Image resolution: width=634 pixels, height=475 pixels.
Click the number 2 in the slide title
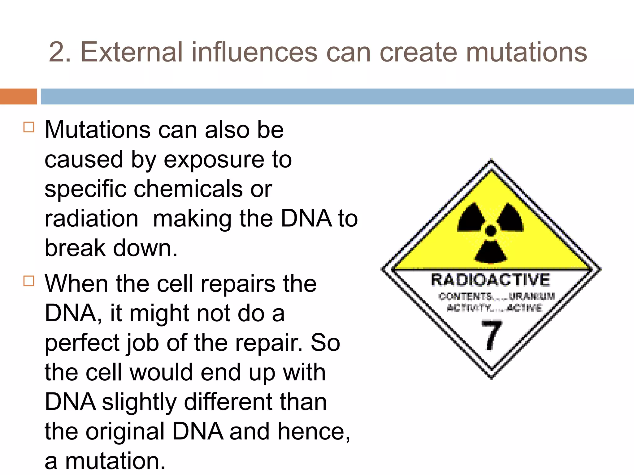click(56, 52)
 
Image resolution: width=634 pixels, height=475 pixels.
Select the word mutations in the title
click(526, 52)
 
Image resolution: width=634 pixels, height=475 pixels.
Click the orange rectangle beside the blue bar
click(18, 96)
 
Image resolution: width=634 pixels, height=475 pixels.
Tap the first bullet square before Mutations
click(29, 127)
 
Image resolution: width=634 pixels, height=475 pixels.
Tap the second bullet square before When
click(29, 281)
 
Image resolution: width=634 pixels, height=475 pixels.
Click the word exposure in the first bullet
click(214, 160)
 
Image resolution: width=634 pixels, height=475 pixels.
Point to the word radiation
click(91, 219)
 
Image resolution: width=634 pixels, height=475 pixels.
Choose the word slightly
click(139, 403)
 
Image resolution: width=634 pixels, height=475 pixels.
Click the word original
click(125, 432)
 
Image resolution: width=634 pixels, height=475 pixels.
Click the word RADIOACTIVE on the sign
click(490, 280)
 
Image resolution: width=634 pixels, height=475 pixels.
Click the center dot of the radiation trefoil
click(491, 230)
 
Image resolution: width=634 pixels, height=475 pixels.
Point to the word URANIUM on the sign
click(532, 296)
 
